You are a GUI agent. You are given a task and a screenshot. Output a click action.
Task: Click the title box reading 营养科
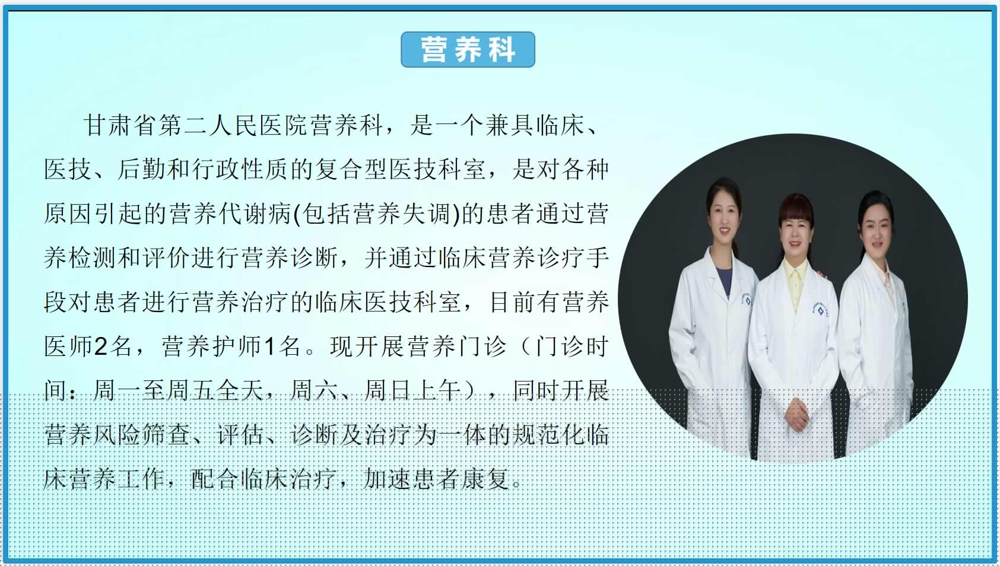[x=468, y=50]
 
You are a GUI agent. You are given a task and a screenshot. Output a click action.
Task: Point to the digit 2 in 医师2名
[x=100, y=346]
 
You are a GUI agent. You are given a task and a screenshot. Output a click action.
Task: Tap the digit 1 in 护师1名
[x=269, y=346]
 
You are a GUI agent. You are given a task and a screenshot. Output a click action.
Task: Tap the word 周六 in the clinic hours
[x=314, y=390]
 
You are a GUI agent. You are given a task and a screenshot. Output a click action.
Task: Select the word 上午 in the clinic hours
[x=437, y=390]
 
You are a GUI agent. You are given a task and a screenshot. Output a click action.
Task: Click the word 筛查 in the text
[x=167, y=435]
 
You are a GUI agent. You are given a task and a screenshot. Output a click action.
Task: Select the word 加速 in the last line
[x=387, y=479]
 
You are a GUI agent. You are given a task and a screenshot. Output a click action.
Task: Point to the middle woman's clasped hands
[x=797, y=414]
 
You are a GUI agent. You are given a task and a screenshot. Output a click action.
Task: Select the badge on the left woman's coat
[x=747, y=300]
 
